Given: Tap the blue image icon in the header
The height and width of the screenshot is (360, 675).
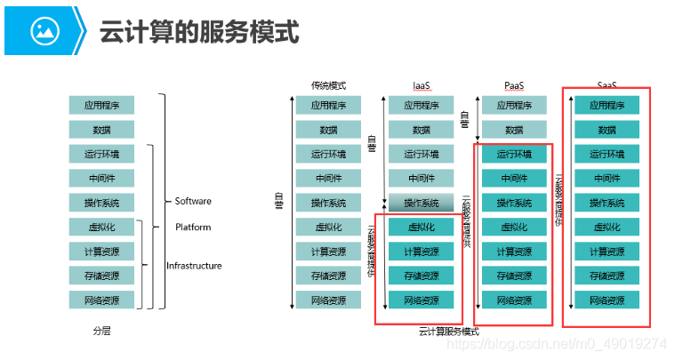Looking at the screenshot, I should [x=44, y=31].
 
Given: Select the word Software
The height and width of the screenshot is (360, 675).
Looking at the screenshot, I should [x=193, y=202].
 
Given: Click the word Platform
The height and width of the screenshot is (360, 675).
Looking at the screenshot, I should [x=193, y=228].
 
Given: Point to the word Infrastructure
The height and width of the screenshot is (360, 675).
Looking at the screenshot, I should [x=194, y=266].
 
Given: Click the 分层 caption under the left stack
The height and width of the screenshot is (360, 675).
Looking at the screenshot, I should [x=101, y=331].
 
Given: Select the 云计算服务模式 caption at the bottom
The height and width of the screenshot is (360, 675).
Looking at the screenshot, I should [x=448, y=332].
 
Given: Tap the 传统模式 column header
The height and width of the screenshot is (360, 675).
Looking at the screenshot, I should [x=328, y=86].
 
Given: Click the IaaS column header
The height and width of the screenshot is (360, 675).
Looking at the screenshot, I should [x=421, y=86].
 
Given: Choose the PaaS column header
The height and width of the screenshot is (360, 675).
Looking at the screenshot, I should [x=514, y=86].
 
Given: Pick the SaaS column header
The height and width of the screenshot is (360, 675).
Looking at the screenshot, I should [x=607, y=86].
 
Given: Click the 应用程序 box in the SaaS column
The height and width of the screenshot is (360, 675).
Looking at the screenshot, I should [x=607, y=106].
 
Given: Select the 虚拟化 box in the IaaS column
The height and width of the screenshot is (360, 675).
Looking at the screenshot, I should [x=421, y=227].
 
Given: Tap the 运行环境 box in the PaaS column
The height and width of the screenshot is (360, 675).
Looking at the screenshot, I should [x=514, y=154].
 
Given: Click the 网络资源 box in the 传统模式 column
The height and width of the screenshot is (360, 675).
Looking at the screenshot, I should [x=328, y=300].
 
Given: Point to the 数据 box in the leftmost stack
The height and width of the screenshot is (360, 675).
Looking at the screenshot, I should [x=101, y=130].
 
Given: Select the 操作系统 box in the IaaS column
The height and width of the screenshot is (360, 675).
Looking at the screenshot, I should [x=421, y=203].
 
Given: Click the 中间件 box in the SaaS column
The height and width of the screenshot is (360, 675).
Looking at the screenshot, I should [x=607, y=178].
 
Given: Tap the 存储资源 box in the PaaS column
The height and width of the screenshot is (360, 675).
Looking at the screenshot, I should [x=514, y=276].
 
